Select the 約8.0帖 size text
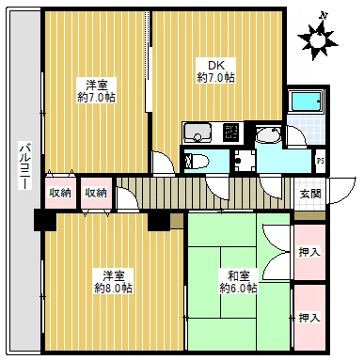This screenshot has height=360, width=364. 112,289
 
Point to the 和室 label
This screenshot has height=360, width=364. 235,275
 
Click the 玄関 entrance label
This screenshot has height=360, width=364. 309,194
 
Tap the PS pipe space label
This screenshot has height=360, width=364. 320,160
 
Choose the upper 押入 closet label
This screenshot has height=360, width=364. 309,252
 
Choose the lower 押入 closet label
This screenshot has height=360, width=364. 309,318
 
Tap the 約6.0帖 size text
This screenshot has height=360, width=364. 238,289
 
